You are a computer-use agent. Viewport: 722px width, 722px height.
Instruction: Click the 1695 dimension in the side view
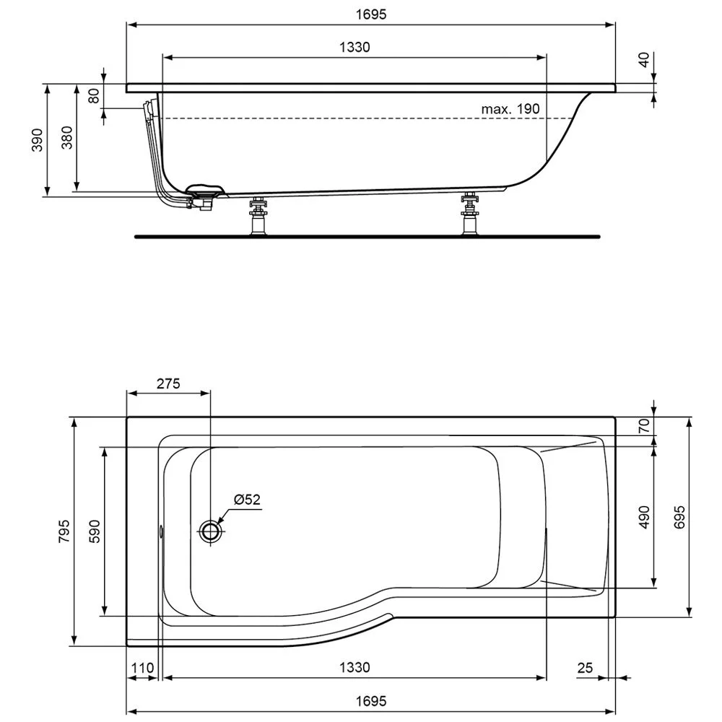pos(370,14)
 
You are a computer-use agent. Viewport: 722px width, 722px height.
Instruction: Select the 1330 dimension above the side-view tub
pos(355,48)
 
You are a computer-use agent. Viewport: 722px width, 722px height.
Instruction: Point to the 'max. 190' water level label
pos(510,109)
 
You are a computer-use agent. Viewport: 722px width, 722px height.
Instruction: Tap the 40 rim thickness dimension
pos(645,60)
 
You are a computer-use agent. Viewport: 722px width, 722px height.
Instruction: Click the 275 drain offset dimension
pos(168,383)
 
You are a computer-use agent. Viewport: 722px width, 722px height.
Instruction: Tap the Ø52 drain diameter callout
pos(247,500)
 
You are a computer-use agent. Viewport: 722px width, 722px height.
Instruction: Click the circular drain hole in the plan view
pos(211,532)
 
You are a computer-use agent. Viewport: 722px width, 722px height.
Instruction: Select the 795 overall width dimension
pos(63,531)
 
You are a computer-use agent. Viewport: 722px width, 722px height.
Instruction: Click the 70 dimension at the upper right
pos(644,425)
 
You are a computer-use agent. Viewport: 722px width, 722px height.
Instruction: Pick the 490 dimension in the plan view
pos(644,518)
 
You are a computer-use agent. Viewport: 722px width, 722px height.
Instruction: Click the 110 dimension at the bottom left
pos(142,669)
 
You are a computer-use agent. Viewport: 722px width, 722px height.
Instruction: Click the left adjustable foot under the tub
pos(256,216)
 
